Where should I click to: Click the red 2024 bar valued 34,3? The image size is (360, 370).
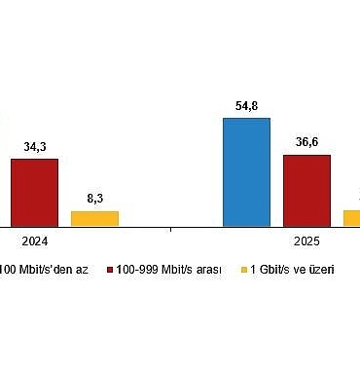tap(34, 193)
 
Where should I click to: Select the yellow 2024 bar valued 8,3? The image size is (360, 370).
tap(94, 219)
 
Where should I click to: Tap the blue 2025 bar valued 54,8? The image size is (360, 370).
tap(246, 172)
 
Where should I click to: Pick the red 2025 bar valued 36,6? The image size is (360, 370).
tap(306, 191)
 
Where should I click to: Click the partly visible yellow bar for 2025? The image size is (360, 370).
tap(352, 218)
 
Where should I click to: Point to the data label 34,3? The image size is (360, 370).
tap(34, 147)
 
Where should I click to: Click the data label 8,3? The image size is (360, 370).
tap(94, 199)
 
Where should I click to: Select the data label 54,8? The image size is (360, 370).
tap(246, 105)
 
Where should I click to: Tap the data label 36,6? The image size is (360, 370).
tap(306, 142)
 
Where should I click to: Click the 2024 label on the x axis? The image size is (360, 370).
tap(34, 244)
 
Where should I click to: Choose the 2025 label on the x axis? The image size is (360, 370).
tap(306, 244)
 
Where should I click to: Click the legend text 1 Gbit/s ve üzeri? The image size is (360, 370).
tap(290, 269)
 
